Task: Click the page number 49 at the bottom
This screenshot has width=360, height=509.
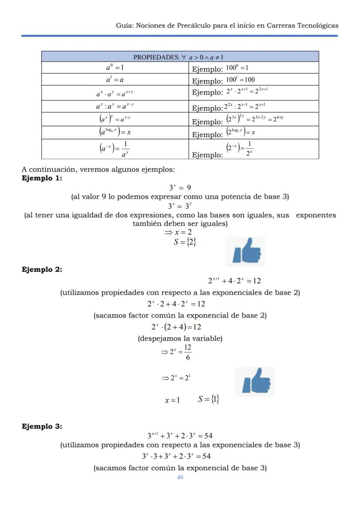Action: (180, 477)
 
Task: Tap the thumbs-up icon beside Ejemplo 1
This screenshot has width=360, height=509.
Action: (246, 251)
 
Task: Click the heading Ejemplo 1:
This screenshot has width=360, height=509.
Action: (42, 178)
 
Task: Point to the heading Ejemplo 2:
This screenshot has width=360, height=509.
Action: (42, 269)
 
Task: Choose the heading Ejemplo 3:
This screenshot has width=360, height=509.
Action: (42, 426)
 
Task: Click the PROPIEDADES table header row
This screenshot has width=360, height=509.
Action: (180, 57)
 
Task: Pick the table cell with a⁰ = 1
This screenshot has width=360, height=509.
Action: (115, 67)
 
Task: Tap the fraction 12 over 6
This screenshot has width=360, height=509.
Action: (187, 352)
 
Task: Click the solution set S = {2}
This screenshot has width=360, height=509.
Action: (185, 242)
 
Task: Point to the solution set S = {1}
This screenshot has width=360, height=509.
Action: (209, 399)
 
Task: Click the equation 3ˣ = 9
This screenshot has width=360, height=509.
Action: (180, 188)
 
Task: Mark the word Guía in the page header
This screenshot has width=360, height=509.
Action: (124, 25)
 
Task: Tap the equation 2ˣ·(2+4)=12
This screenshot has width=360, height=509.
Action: (176, 327)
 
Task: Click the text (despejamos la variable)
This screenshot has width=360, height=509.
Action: (180, 338)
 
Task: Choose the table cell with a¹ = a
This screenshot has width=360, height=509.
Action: (115, 80)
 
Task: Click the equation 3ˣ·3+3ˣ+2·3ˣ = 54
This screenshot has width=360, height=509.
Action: (177, 456)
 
